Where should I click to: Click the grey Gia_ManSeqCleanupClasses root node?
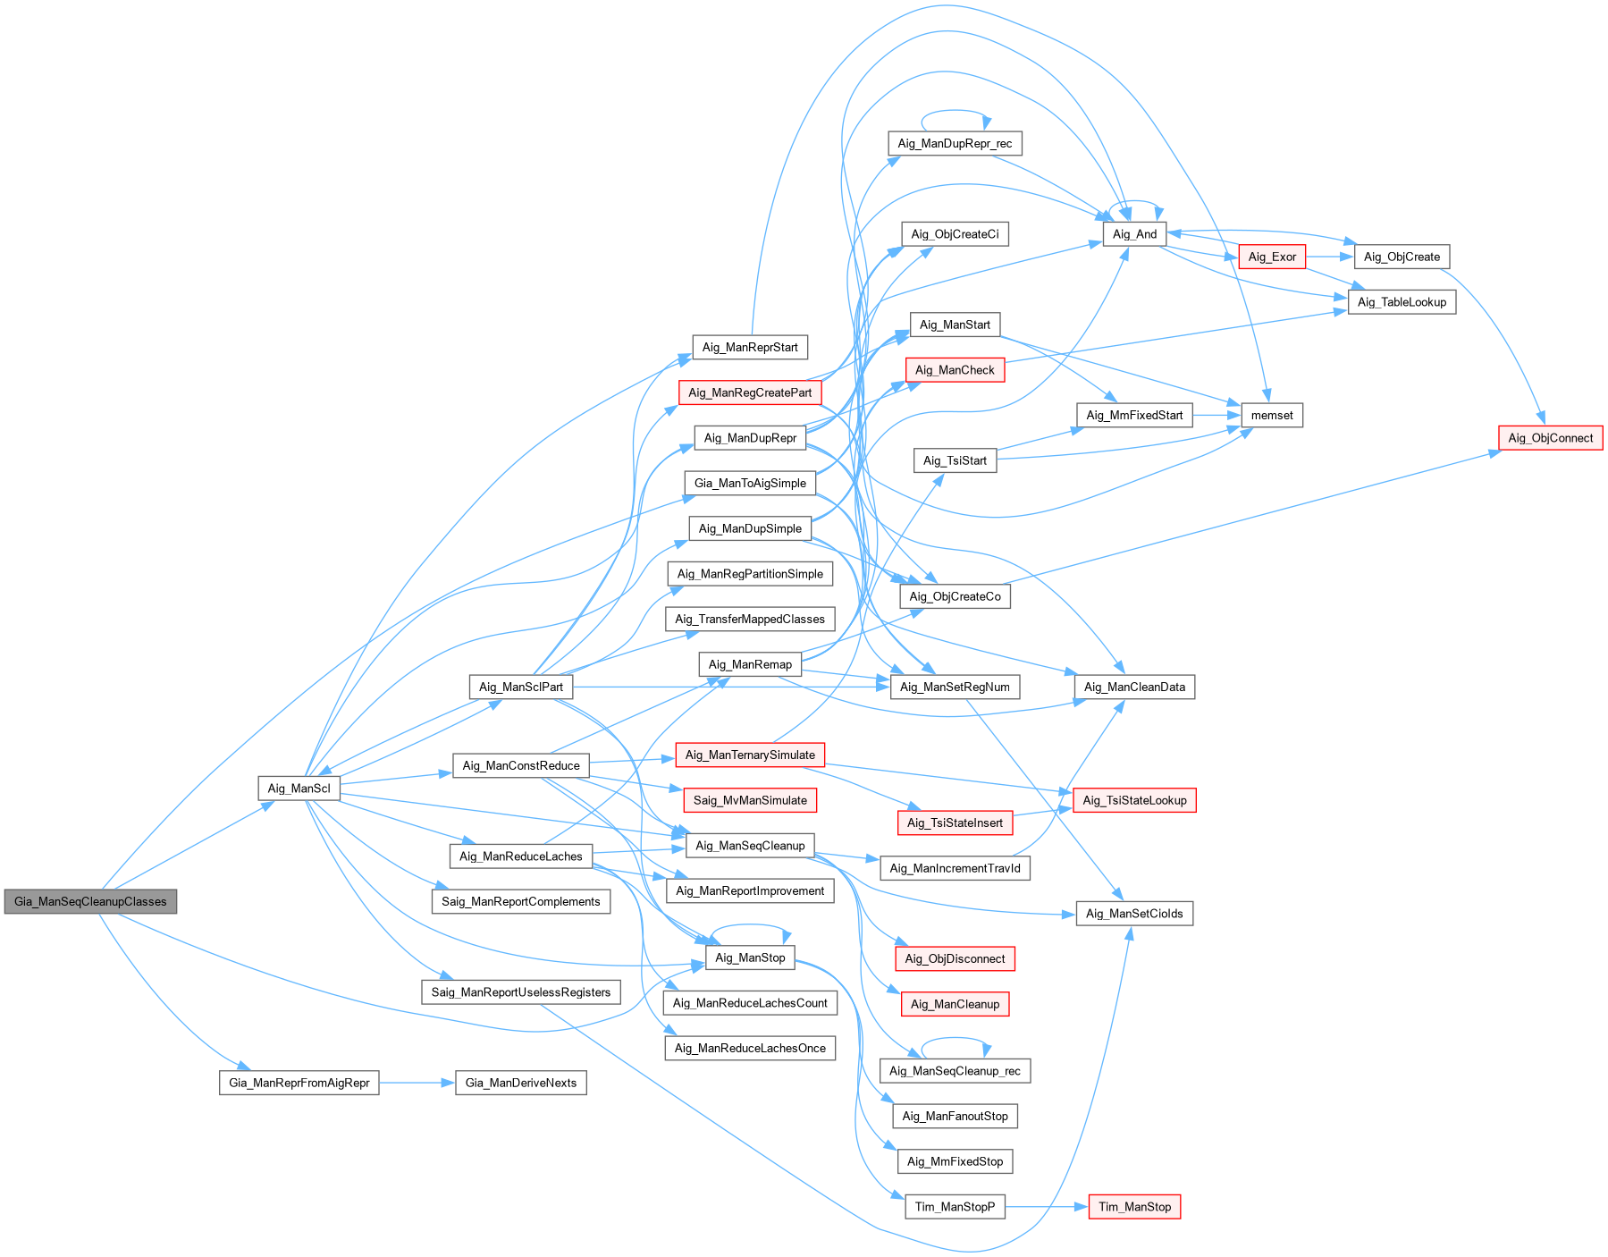[90, 901]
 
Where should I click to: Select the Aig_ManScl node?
[299, 788]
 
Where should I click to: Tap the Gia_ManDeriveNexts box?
[521, 1083]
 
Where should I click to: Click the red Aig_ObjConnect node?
[1550, 437]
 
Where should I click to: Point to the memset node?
[1271, 415]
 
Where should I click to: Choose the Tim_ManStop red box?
[1134, 1206]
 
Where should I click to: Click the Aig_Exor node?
[1272, 257]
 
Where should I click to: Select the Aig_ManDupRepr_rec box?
[955, 143]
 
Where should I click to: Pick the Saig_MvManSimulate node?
[750, 800]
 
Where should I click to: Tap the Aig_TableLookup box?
[1402, 301]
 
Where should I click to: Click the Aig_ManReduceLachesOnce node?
[750, 1048]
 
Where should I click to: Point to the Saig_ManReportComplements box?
[520, 901]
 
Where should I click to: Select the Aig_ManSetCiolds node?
[1134, 913]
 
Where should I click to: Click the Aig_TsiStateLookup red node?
[1134, 800]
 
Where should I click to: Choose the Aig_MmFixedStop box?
[955, 1161]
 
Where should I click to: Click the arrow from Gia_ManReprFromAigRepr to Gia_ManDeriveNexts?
[417, 1083]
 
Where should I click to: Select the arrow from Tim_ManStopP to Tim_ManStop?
[1046, 1206]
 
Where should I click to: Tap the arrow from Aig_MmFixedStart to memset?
[1217, 415]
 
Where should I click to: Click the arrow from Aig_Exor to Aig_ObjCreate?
[1329, 257]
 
